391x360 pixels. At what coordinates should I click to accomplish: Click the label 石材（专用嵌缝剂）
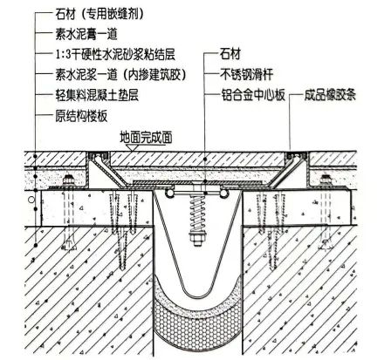(99, 14)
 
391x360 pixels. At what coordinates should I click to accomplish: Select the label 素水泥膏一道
(86, 34)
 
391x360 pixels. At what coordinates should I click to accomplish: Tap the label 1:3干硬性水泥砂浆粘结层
(115, 54)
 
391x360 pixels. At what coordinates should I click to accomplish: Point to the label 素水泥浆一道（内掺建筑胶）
(120, 75)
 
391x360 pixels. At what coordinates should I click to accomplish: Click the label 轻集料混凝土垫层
(97, 95)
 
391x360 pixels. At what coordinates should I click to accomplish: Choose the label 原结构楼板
(81, 116)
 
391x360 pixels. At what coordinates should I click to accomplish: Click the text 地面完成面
(146, 137)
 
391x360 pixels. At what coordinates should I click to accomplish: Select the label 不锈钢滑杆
(247, 75)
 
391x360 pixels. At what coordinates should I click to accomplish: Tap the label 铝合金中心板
(252, 95)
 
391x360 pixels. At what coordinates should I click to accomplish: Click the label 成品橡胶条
(330, 95)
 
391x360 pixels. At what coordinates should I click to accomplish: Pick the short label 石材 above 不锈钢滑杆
(230, 54)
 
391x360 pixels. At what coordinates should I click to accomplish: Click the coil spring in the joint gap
(197, 213)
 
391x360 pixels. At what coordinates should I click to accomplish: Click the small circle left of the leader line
(31, 200)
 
